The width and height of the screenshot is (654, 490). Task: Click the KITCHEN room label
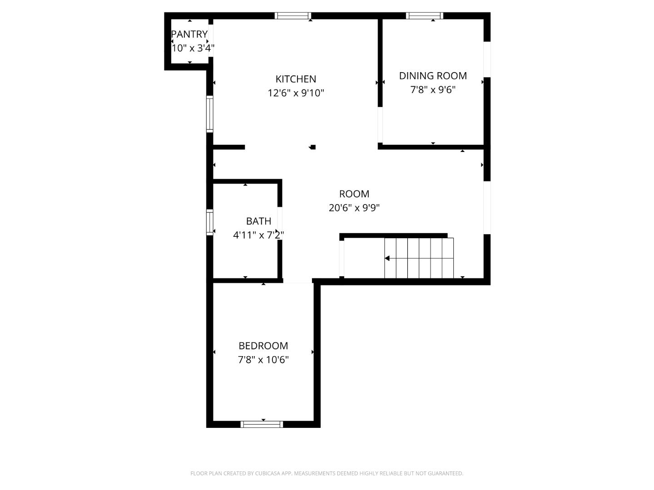coord(296,79)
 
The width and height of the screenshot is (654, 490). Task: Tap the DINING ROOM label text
coord(433,76)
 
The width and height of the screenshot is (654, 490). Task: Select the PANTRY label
coord(189,34)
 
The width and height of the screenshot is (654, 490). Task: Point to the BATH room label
coord(258,221)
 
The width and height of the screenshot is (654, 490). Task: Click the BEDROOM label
coord(263,346)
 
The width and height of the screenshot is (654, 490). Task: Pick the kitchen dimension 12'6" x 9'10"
coord(296,93)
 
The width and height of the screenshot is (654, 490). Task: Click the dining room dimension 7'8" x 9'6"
coord(433,90)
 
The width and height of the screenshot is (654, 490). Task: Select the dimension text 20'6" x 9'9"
coord(354,208)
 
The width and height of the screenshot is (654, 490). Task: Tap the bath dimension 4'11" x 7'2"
coord(258,235)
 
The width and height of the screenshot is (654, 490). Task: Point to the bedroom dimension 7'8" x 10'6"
coord(263,360)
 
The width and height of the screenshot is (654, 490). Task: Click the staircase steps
coord(419,258)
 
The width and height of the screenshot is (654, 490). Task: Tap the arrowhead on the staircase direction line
coord(387,258)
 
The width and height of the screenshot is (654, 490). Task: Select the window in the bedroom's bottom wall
coord(262,424)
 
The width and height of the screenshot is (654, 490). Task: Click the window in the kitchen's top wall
coord(293,16)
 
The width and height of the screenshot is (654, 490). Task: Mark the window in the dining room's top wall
coord(424,16)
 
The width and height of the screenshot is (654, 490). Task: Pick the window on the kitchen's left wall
coord(209,113)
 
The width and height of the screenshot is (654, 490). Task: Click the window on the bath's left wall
coord(209,222)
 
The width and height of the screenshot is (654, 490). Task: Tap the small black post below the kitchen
coord(312,147)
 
